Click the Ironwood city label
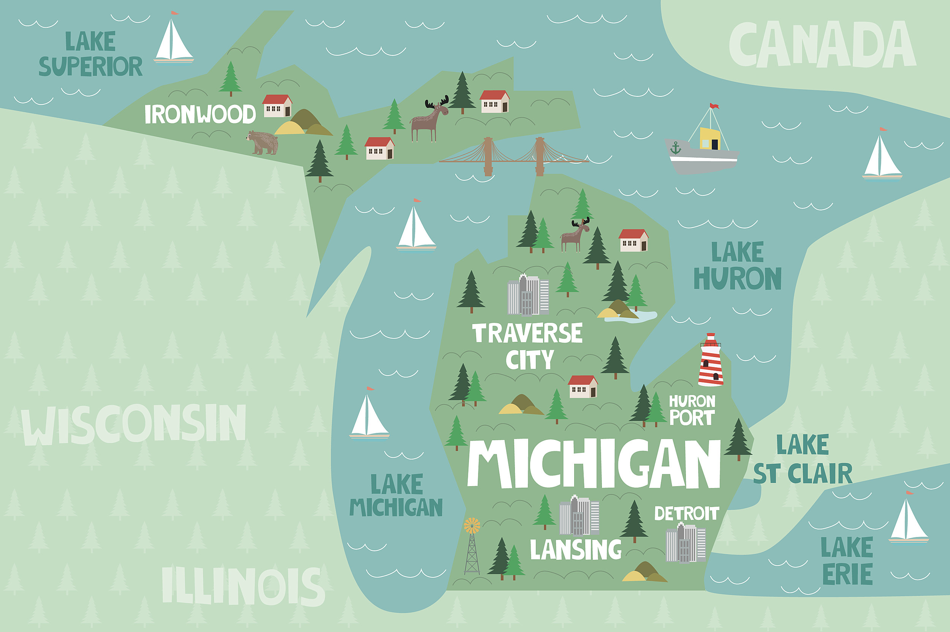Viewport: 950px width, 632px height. (200, 114)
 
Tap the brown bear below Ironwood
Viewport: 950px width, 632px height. (263, 143)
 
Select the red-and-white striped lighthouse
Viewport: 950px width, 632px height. (711, 360)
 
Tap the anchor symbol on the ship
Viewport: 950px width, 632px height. (675, 149)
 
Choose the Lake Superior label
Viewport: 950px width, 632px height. (90, 54)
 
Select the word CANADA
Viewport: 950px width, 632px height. (823, 45)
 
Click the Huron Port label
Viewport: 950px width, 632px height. (692, 410)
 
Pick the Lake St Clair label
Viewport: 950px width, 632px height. (803, 460)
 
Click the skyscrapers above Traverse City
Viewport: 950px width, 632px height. (528, 295)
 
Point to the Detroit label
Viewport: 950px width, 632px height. (686, 513)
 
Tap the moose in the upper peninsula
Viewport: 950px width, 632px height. (429, 119)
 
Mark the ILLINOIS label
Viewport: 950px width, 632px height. (243, 586)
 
